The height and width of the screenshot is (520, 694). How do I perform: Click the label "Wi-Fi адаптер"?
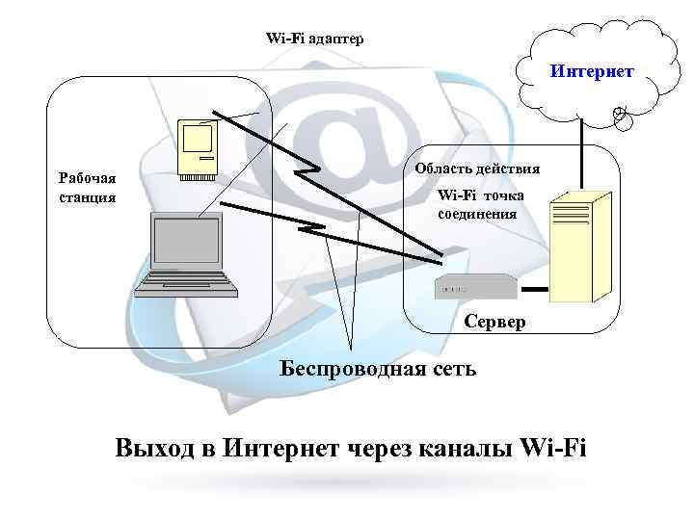(314, 39)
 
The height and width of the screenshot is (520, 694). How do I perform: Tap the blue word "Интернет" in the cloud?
(592, 71)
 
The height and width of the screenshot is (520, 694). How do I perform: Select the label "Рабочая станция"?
(87, 188)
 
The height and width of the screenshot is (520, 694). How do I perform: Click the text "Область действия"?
(477, 169)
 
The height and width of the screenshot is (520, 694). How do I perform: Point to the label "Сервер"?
(494, 322)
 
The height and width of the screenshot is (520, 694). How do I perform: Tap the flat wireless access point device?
(476, 283)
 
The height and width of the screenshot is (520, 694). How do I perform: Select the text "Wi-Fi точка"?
(480, 195)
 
